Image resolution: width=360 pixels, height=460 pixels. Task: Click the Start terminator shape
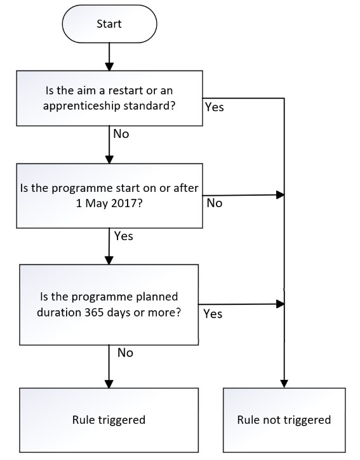[109, 24]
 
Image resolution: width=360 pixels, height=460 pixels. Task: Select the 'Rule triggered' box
[109, 420]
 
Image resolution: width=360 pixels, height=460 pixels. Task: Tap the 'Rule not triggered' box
[284, 420]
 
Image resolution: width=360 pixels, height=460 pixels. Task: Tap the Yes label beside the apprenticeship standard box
[215, 107]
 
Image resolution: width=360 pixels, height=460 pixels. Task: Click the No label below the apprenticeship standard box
[121, 134]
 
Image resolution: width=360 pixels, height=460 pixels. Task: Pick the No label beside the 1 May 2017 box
[215, 203]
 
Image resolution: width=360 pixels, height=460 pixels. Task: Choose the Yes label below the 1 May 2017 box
[123, 236]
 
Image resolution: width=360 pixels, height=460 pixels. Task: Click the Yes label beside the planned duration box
[213, 314]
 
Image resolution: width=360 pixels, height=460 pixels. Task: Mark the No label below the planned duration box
[125, 353]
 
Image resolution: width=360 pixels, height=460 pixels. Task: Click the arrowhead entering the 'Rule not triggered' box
[284, 384]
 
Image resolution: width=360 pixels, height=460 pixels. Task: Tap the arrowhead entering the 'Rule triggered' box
[109, 384]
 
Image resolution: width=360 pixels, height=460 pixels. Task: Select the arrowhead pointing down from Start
[109, 67]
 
